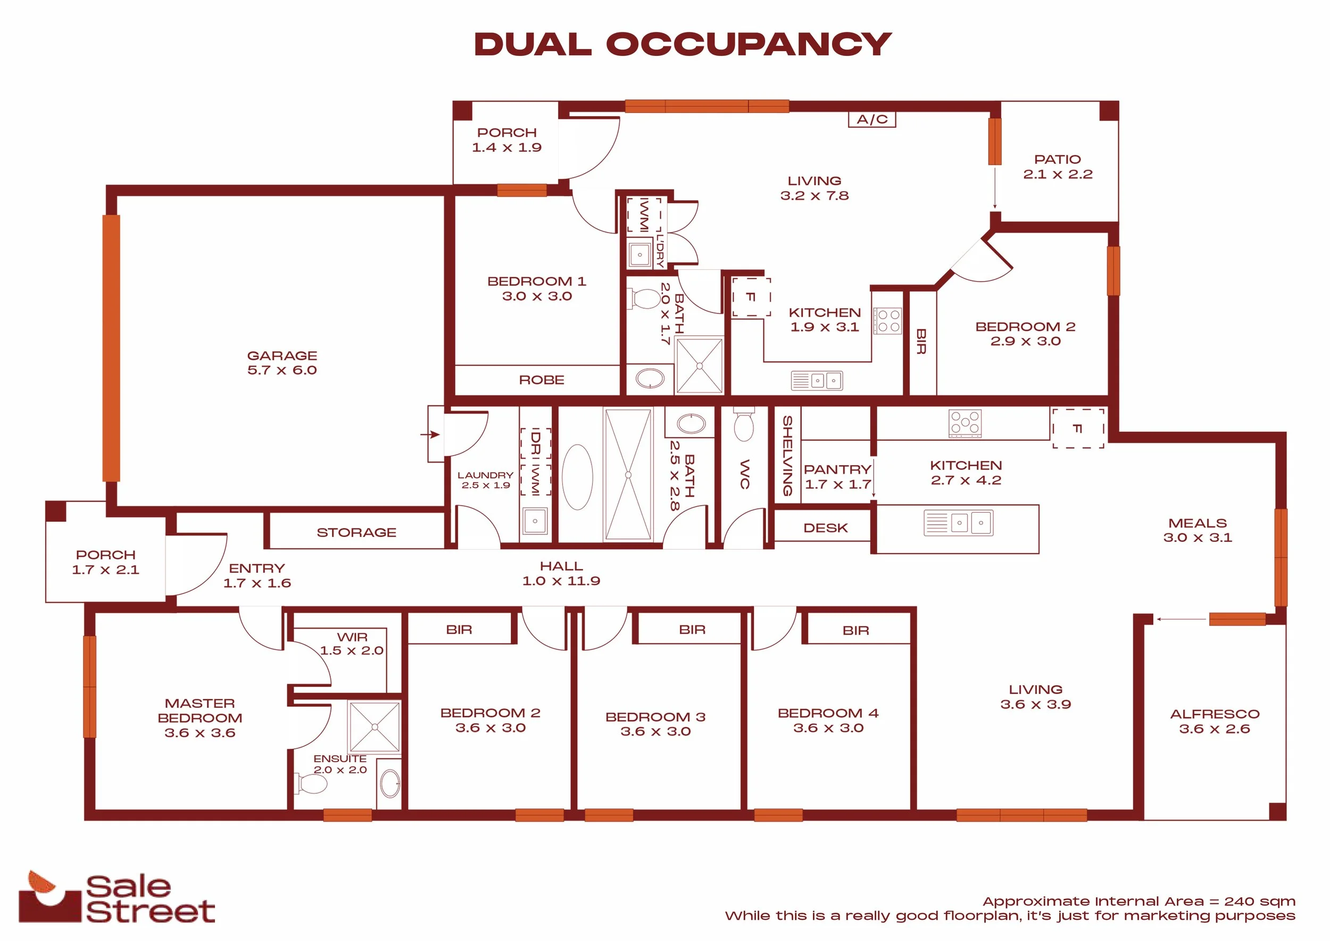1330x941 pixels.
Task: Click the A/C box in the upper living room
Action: click(872, 119)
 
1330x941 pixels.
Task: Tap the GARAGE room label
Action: click(282, 356)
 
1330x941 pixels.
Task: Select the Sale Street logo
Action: click(117, 896)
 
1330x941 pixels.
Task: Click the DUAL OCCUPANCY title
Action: click(683, 44)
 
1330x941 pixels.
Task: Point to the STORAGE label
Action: click(357, 532)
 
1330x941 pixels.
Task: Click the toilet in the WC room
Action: click(744, 425)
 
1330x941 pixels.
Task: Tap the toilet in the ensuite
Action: click(312, 784)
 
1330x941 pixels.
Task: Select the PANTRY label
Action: click(837, 469)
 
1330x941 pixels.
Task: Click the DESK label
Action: click(826, 528)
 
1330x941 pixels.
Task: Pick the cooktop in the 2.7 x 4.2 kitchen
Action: click(965, 424)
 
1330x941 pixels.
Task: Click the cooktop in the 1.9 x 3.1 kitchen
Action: click(888, 321)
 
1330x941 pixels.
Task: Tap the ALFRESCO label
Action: click(1215, 714)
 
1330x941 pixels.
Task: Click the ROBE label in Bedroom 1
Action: click(542, 380)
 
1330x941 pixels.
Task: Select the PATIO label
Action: click(1058, 159)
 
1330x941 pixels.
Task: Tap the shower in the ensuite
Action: click(375, 727)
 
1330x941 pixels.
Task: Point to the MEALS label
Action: click(1198, 523)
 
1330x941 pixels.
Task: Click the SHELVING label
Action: click(787, 456)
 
